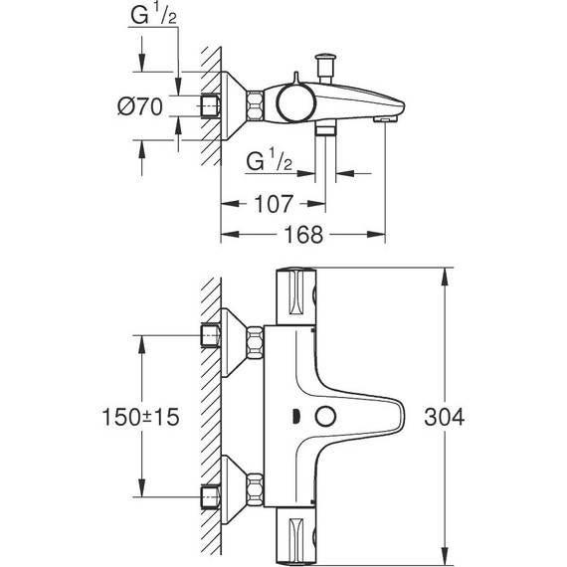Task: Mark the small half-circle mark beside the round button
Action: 298,416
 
